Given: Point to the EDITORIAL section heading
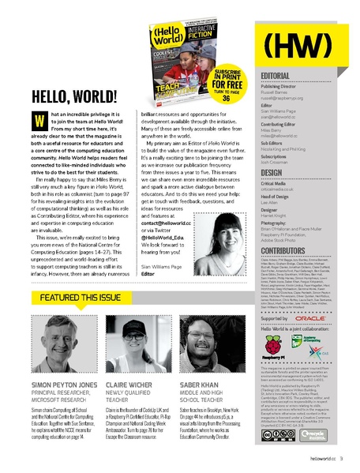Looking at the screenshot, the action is (x=278, y=75).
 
